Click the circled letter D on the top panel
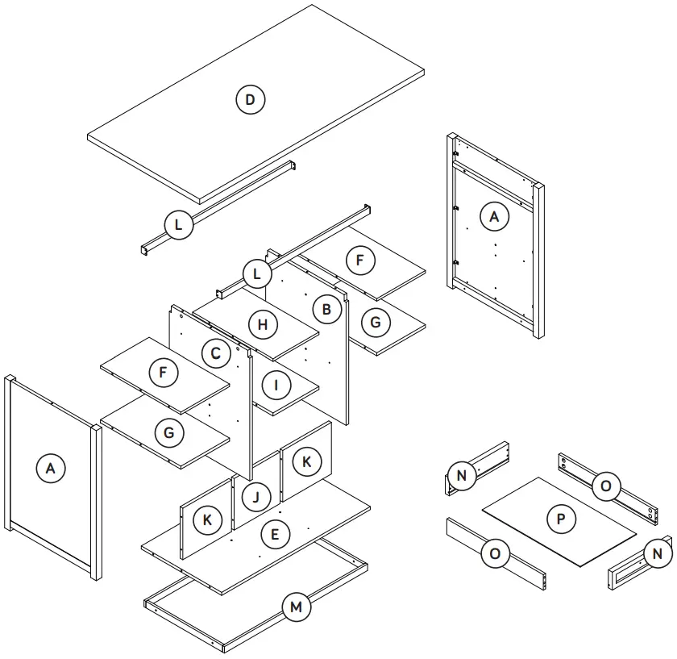pyautogui.click(x=250, y=100)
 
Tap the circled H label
pyautogui.click(x=262, y=325)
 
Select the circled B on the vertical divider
pyautogui.click(x=326, y=310)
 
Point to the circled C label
pyautogui.click(x=215, y=353)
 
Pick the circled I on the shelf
pyautogui.click(x=276, y=385)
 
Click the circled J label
pyautogui.click(x=255, y=496)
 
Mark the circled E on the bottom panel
pyautogui.click(x=276, y=534)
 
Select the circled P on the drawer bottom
pyautogui.click(x=560, y=519)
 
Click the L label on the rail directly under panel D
pyautogui.click(x=179, y=224)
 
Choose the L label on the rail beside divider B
pyautogui.click(x=257, y=274)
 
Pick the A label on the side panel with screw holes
pyautogui.click(x=494, y=216)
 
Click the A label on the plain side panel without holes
pyautogui.click(x=51, y=468)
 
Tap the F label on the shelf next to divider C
pyautogui.click(x=164, y=373)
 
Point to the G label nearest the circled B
pyautogui.click(x=376, y=323)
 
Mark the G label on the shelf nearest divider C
pyautogui.click(x=169, y=433)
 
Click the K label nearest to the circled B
pyautogui.click(x=305, y=461)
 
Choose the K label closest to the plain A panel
pyautogui.click(x=207, y=520)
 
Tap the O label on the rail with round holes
pyautogui.click(x=605, y=486)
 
